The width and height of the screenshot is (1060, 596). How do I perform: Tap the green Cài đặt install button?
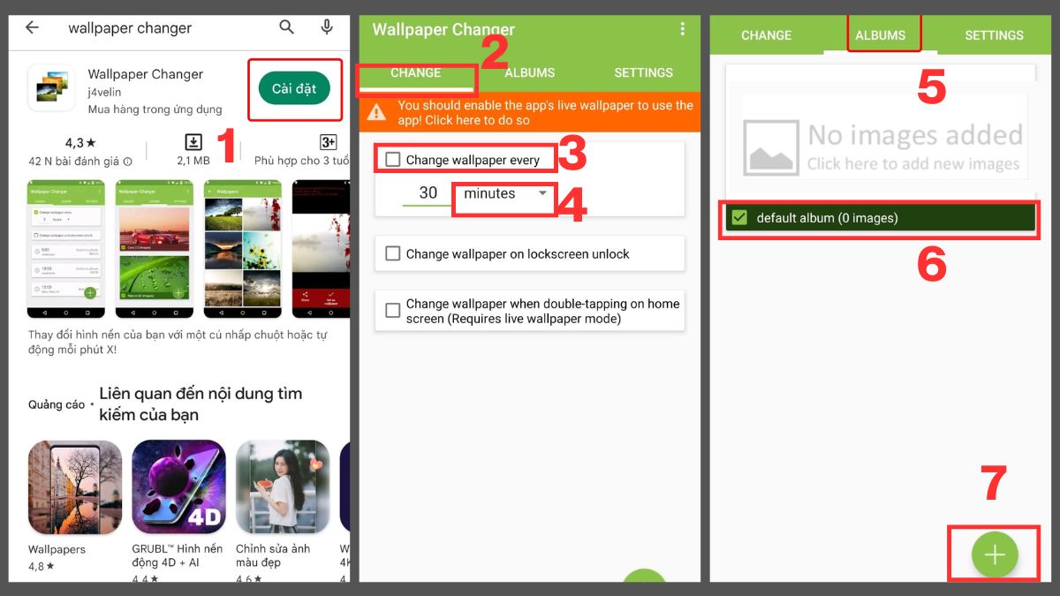294,88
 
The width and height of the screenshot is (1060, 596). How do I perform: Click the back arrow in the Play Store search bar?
33,27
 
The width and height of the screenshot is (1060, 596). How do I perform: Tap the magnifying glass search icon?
286,27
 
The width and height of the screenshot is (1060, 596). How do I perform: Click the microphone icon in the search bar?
327,27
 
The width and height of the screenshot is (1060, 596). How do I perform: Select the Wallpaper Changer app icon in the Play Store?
51,88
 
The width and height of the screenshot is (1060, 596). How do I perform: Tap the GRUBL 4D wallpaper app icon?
178,487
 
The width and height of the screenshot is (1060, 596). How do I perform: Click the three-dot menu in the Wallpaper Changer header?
682,29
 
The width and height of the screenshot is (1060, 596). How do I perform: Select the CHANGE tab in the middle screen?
415,72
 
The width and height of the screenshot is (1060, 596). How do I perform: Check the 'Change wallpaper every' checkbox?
393,160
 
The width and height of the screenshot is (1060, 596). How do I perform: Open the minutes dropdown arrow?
542,193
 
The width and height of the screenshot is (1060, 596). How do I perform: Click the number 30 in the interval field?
428,193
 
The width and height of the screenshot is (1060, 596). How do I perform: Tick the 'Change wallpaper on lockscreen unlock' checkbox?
393,253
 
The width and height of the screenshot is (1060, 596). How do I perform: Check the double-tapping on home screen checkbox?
393,311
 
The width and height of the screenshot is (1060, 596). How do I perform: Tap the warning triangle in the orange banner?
377,112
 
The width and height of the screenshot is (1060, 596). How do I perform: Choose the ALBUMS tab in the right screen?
881,35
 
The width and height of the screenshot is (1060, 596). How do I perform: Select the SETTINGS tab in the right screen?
994,35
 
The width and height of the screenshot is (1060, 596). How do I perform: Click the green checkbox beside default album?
740,218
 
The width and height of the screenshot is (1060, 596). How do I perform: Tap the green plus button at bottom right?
995,555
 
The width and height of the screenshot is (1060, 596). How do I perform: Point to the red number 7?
994,484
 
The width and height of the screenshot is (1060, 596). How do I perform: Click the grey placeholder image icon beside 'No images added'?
771,147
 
